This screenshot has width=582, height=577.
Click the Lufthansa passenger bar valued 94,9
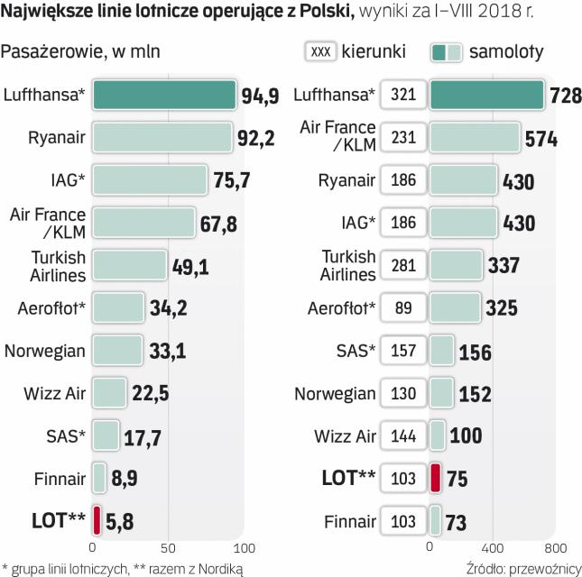coord(164,95)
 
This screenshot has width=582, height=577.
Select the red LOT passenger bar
coord(97,521)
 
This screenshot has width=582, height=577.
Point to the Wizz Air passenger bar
coord(109,392)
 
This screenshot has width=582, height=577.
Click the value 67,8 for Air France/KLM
coord(218,223)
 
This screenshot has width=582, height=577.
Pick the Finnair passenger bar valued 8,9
coord(100,478)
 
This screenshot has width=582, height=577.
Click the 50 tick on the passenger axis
coord(168,547)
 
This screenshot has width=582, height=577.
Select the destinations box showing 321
coord(404,95)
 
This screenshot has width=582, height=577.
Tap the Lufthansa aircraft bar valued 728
coord(486,95)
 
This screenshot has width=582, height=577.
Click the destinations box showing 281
coord(404,265)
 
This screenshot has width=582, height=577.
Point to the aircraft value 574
coord(540,139)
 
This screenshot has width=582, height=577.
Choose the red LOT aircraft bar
coord(435,478)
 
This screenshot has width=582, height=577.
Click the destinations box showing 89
coord(404,307)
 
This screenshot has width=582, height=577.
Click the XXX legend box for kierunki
coord(320,52)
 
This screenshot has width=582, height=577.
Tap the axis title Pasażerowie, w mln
coord(82,51)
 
